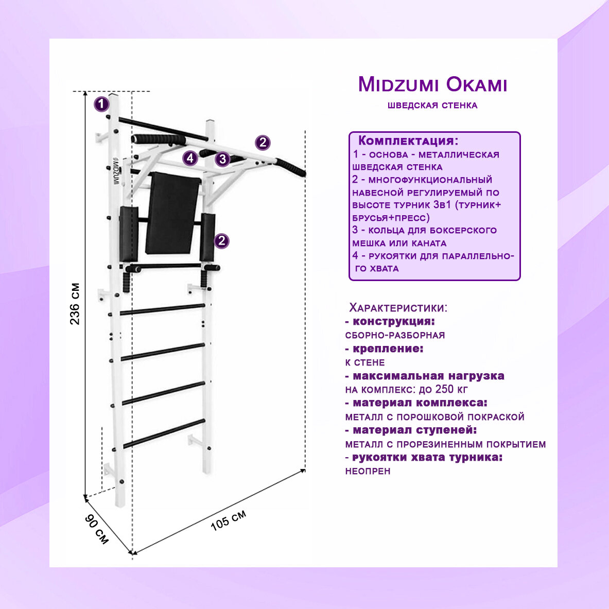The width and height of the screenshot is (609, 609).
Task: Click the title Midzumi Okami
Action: pos(432,85)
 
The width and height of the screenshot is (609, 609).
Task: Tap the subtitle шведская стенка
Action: pos(432,106)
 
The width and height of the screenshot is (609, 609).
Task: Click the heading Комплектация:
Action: pos(408,141)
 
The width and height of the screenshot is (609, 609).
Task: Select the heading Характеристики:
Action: pos(398,308)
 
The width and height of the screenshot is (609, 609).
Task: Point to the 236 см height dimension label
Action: pos(75,303)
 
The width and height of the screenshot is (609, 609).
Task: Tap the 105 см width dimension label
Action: pos(228,521)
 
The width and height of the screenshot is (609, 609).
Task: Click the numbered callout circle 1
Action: pos(101,105)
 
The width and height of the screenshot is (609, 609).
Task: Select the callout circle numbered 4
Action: pos(190,158)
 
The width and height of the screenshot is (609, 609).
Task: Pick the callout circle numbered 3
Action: pos(222,159)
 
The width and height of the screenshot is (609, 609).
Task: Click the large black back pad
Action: pos(172,214)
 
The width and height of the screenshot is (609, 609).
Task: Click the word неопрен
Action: pos(368,471)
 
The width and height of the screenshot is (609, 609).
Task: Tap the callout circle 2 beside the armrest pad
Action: pos(222,241)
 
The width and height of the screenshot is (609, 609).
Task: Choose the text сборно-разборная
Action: pos(395,335)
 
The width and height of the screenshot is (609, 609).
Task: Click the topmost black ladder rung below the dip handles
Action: pos(162,309)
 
